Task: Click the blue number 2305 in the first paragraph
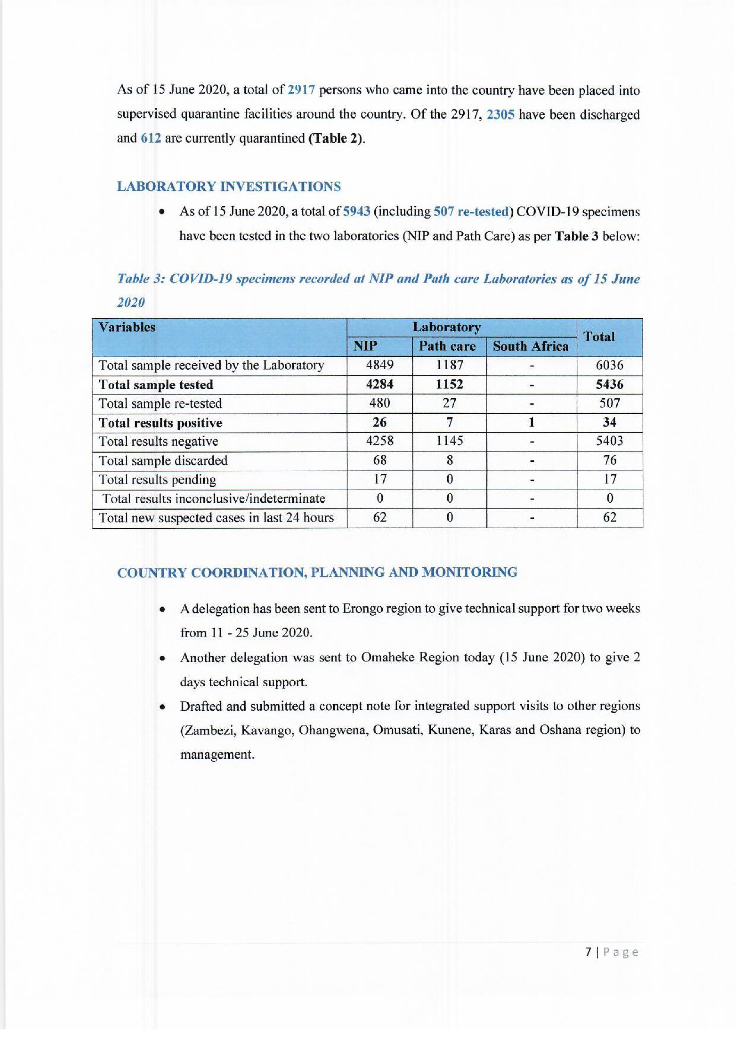tap(500, 114)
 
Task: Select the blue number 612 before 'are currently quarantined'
tap(151, 138)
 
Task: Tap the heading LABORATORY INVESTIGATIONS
tap(229, 186)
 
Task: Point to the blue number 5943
tap(357, 212)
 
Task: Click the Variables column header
tap(127, 327)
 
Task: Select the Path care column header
tap(447, 347)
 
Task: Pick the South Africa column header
tap(531, 347)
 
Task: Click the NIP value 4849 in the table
tap(380, 365)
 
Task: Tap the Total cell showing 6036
tap(610, 365)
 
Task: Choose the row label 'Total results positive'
tap(161, 423)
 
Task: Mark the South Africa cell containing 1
tap(531, 423)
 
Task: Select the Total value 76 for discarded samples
tap(610, 460)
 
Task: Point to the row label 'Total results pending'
tap(157, 480)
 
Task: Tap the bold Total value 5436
tap(610, 385)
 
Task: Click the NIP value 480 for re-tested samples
tap(380, 403)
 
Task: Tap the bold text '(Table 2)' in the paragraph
tap(336, 138)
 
